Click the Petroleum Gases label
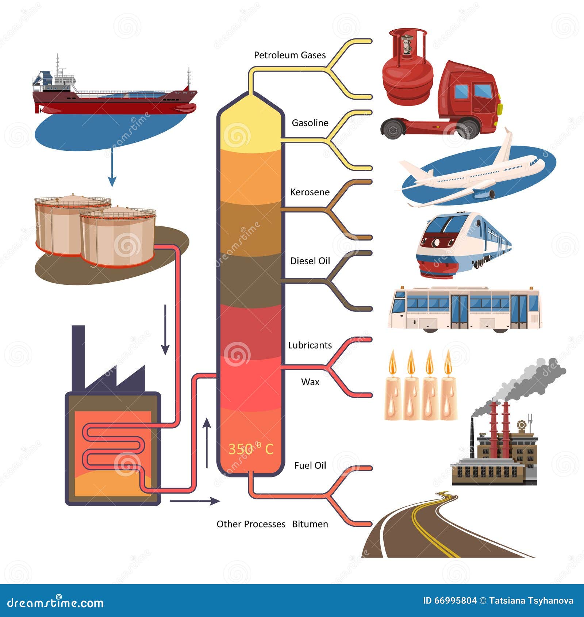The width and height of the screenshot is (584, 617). click(290, 55)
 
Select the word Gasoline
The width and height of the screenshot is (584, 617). click(310, 123)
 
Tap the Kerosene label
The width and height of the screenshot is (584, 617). click(310, 192)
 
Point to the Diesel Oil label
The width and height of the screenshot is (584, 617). click(310, 261)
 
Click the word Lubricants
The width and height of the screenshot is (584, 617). click(310, 345)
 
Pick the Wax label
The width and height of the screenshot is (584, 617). click(310, 382)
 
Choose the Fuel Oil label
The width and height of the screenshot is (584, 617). click(310, 465)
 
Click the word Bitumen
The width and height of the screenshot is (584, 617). click(310, 524)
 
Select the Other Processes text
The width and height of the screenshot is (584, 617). click(251, 524)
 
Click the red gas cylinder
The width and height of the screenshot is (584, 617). click(408, 67)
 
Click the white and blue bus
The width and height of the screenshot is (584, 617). click(465, 309)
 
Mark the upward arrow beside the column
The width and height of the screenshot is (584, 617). click(207, 443)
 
